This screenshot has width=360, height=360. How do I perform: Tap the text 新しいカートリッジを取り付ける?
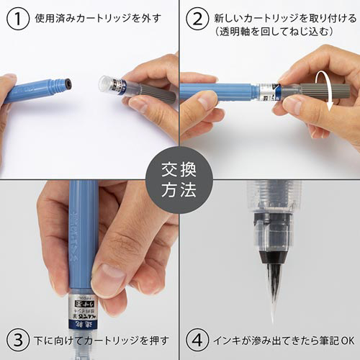(276, 14)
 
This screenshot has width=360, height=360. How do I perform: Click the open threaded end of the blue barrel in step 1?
(67, 84)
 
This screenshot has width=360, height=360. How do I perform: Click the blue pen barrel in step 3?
(83, 230)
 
